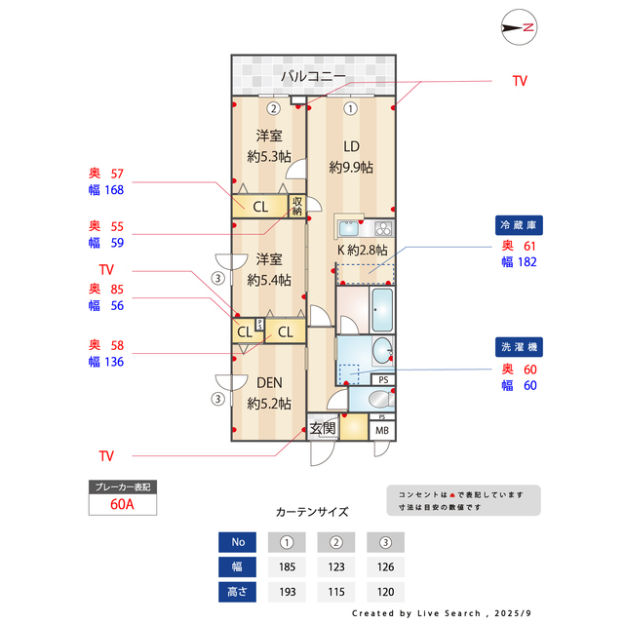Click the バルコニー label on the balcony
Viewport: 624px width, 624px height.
313,75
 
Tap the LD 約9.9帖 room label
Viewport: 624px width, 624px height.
351,157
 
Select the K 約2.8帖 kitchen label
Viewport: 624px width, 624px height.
363,250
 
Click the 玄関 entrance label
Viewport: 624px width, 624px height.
323,428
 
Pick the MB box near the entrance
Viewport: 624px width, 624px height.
381,430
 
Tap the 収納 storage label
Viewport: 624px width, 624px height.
296,206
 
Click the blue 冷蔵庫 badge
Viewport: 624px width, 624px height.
519,225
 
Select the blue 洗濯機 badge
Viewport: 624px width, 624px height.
519,347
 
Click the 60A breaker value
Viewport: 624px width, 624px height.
122,505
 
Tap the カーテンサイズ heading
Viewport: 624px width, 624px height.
312,511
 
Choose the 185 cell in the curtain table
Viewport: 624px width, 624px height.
287,566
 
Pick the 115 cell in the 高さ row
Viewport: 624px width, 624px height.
335,591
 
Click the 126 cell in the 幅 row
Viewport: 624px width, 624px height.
385,566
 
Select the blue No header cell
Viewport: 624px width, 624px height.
238,542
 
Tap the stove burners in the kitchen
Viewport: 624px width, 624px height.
381,229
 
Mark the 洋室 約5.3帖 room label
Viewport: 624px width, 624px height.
268,145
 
